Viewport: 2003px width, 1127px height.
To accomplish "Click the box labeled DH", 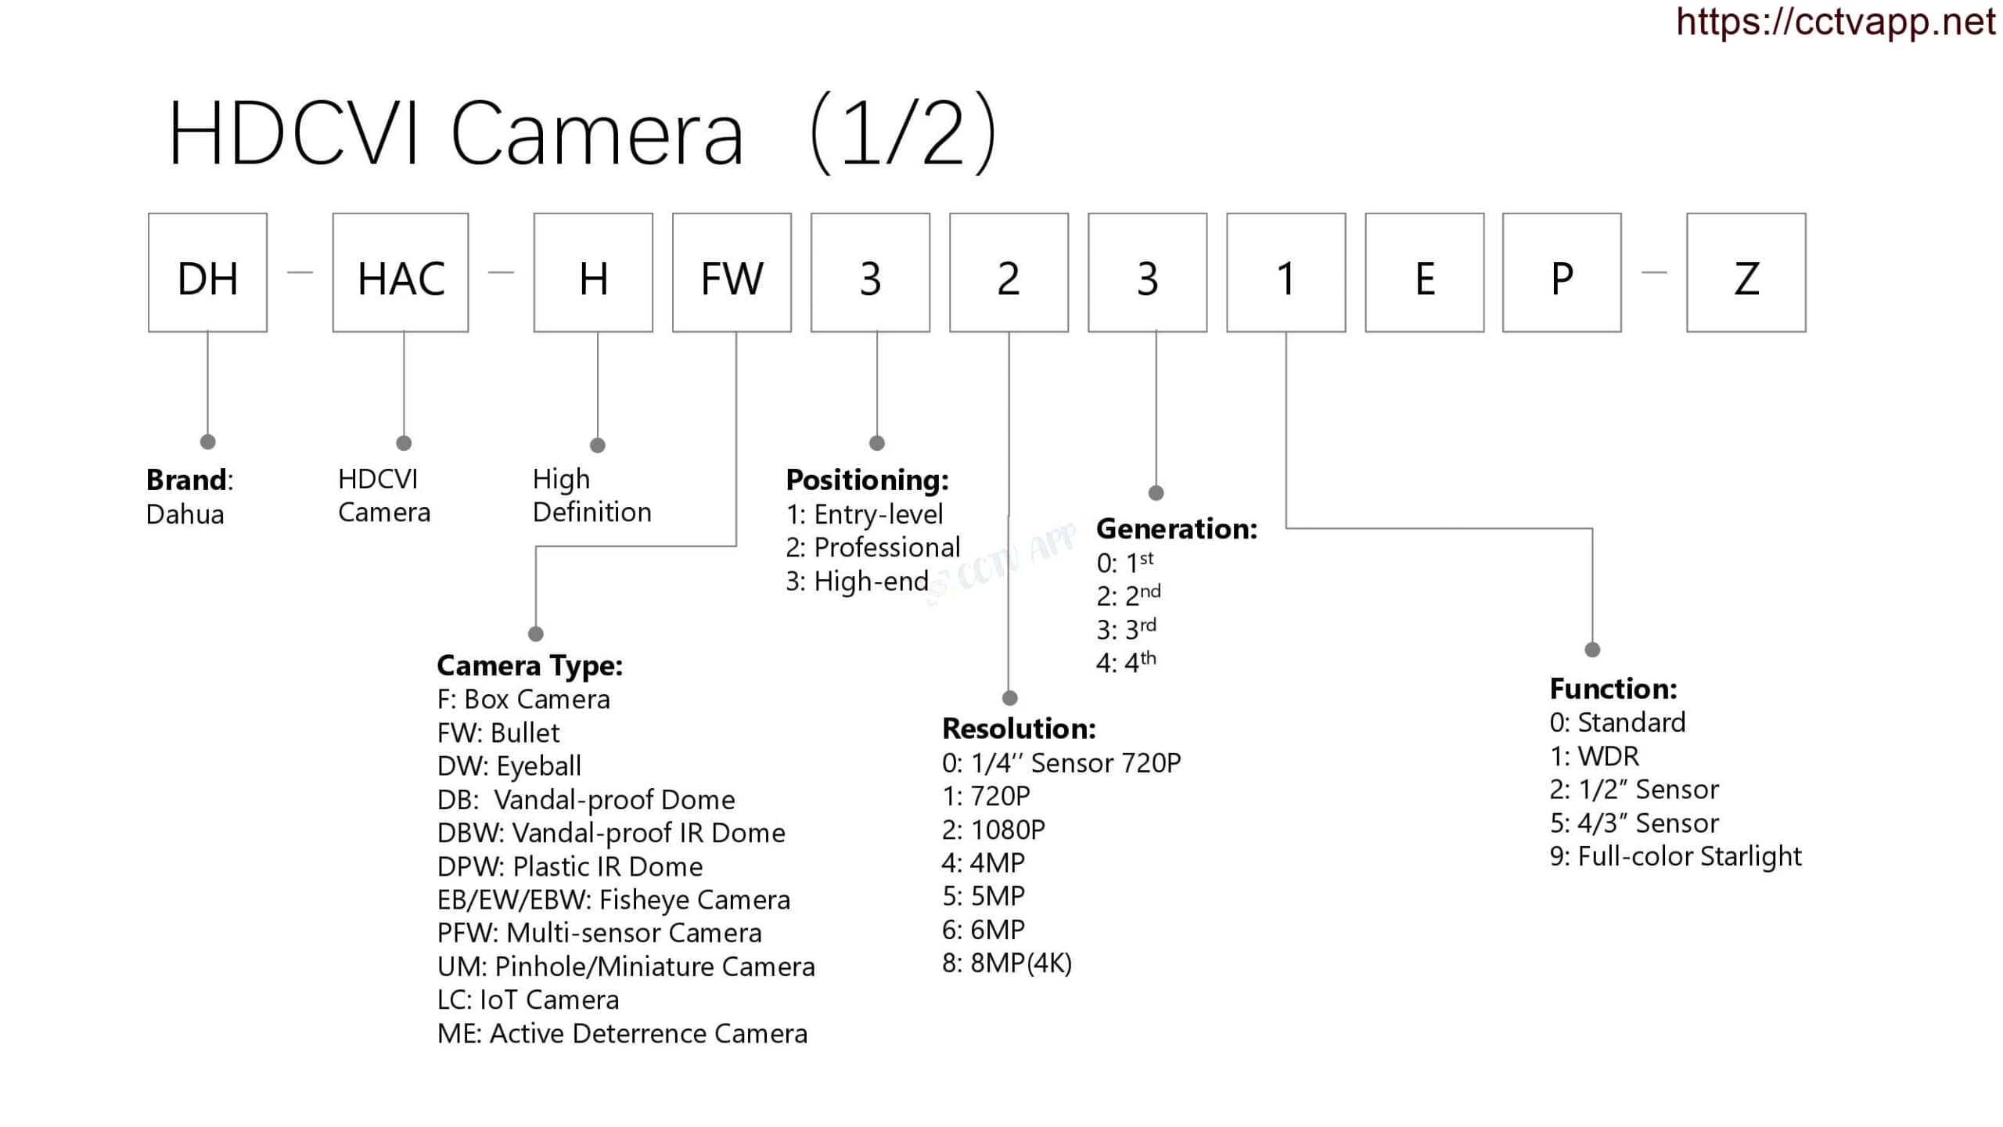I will [207, 272].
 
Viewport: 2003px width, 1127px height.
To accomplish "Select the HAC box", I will [401, 272].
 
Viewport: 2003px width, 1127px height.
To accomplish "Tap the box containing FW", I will [732, 272].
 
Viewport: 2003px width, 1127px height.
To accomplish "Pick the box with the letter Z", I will [1746, 272].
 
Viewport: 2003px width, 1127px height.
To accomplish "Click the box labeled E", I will [1424, 272].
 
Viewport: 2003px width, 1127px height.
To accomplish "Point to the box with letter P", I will [1562, 272].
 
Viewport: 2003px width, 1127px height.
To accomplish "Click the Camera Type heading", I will [530, 665].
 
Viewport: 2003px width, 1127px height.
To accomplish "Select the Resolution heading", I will [1019, 729].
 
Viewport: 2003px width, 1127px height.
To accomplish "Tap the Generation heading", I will [1176, 529].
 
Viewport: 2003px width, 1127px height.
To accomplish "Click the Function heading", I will [1613, 689].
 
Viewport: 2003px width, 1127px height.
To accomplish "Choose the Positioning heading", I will [867, 479].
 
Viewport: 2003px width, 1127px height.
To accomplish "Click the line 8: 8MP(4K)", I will [1007, 963].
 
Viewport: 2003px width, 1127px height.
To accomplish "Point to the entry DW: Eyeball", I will [509, 765].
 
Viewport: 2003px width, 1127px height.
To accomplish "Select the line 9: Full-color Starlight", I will [1675, 856].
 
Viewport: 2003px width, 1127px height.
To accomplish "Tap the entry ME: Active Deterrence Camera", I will [622, 1034].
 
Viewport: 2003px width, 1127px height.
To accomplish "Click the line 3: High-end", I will [857, 581].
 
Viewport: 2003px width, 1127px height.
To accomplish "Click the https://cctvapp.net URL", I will [1836, 22].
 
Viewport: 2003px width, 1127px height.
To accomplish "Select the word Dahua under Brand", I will [185, 514].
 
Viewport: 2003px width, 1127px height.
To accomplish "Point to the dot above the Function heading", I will [1592, 650].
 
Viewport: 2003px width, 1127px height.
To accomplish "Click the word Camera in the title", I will [596, 135].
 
